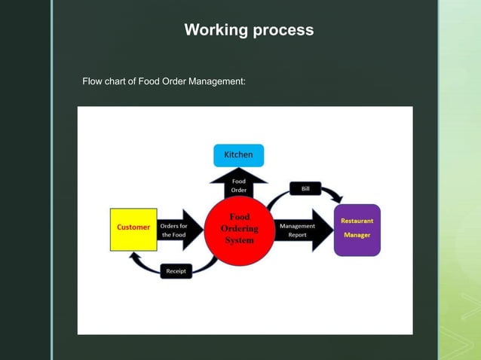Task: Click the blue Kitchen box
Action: tap(238, 155)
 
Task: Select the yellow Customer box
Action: tap(133, 229)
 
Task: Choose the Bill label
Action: tap(305, 189)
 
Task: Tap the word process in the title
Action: tap(283, 31)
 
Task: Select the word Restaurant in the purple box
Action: tap(357, 221)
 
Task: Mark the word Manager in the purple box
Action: tap(357, 235)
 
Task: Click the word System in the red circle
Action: tap(240, 240)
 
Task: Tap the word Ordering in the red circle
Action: tap(240, 229)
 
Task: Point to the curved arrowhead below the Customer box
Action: tap(135, 258)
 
